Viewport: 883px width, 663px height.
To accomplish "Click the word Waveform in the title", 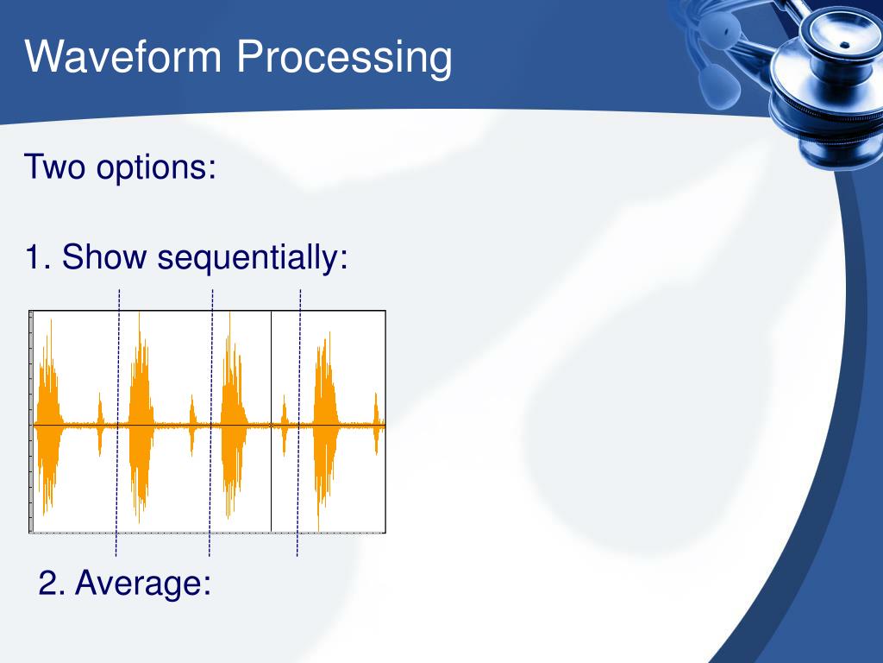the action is coord(123,56).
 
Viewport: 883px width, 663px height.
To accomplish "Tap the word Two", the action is coord(54,167).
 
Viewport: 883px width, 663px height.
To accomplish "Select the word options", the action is coord(156,168).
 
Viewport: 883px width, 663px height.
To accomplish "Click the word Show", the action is coord(104,256).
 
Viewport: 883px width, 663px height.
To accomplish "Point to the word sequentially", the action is coord(253,258).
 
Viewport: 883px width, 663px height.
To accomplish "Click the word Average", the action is coord(143,583).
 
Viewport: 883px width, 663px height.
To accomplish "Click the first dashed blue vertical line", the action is coord(117,423).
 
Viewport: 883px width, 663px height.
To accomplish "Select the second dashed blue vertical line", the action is coord(210,423).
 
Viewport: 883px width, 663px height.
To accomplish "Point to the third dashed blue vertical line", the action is coord(298,423).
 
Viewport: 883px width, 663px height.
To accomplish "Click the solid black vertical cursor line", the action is coord(272,421).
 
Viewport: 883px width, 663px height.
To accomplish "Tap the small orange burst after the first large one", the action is coord(100,424).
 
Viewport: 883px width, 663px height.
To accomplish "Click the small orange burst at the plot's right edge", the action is coord(376,424).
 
